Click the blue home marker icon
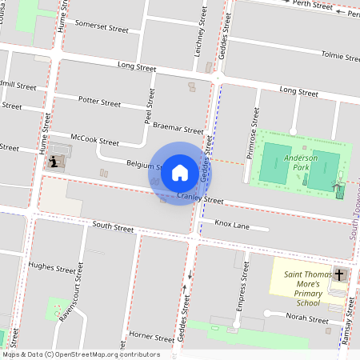[x=180, y=173]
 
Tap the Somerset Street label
[x=102, y=27]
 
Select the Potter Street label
[x=99, y=102]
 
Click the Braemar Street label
[x=178, y=128]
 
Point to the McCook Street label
[x=94, y=140]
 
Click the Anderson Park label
[x=301, y=163]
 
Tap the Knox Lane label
[x=232, y=225]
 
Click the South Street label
[x=113, y=227]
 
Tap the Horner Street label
[x=151, y=336]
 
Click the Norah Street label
[x=309, y=318]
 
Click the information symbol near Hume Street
[x=54, y=162]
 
